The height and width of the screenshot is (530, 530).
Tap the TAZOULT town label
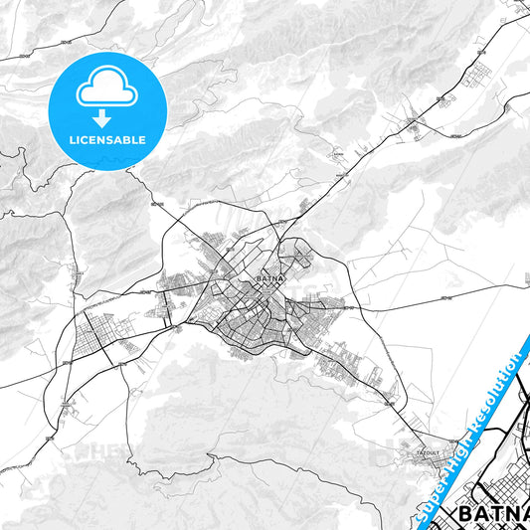click(428, 452)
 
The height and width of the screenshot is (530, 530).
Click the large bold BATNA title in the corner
click(493, 514)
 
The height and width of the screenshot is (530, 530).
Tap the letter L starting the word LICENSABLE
click(72, 140)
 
